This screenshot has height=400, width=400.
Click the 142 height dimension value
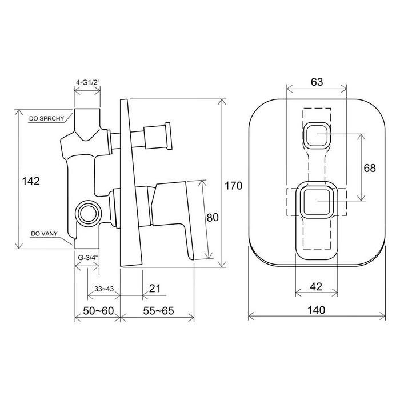(31, 181)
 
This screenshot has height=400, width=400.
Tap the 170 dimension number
(233, 186)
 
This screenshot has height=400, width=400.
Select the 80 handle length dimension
(213, 217)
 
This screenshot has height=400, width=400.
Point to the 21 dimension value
(155, 288)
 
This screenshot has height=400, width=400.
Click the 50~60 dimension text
(98, 310)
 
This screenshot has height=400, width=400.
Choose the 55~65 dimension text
(158, 310)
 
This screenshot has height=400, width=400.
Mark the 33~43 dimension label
(104, 289)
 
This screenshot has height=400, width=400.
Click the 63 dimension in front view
(317, 82)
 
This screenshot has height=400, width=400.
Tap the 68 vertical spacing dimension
(370, 168)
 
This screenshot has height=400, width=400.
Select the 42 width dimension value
(316, 287)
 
